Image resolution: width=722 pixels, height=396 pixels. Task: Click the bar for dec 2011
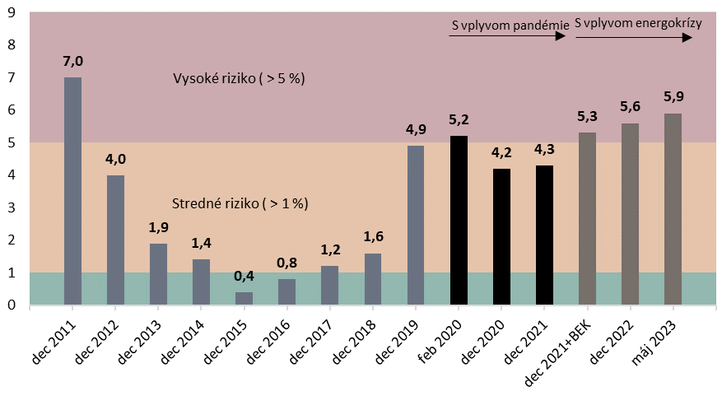click(72, 191)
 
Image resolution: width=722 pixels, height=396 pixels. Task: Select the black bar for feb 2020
click(459, 221)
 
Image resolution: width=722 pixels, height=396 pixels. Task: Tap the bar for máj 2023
click(673, 209)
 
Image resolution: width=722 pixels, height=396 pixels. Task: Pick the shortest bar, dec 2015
click(245, 298)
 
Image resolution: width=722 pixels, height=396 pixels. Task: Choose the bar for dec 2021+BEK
click(587, 219)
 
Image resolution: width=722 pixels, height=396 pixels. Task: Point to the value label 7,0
click(72, 61)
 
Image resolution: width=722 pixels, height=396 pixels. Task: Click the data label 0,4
click(245, 276)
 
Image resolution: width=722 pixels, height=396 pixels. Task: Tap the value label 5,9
click(673, 97)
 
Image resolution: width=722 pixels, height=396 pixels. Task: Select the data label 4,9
click(416, 129)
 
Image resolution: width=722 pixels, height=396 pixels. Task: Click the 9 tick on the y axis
click(12, 12)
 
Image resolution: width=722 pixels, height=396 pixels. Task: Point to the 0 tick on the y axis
click(12, 305)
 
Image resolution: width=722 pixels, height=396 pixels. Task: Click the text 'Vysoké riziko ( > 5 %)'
click(239, 79)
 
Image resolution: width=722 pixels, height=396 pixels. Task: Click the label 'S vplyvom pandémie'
click(510, 26)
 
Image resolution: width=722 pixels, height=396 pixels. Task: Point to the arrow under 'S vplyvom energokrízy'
click(634, 38)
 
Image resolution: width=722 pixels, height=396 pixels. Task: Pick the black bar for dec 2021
click(544, 235)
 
